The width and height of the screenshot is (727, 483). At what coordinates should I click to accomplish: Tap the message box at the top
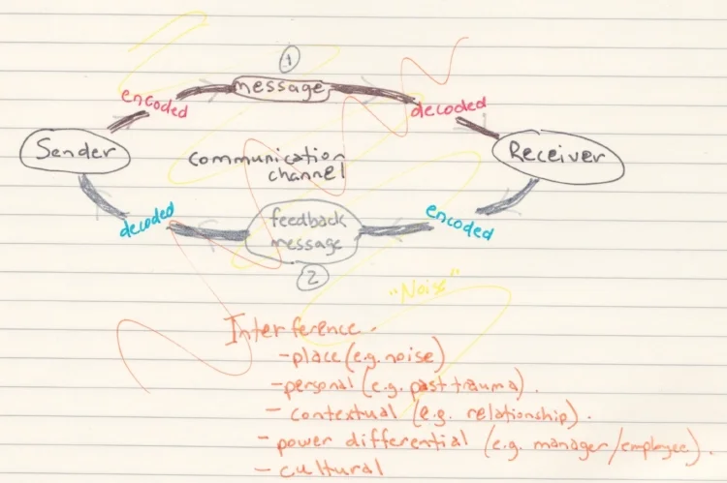coord(280,89)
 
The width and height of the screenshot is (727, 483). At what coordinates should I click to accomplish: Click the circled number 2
coord(310,278)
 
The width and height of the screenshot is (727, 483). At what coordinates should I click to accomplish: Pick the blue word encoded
coord(459,222)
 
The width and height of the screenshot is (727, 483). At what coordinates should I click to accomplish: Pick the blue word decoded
coord(147,221)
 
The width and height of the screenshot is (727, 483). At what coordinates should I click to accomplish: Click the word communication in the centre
coord(266,157)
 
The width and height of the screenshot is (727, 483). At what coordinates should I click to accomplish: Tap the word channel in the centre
coord(308,176)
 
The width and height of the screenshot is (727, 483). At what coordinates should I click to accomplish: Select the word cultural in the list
coord(325,470)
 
